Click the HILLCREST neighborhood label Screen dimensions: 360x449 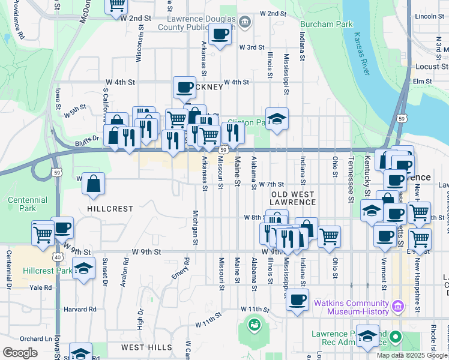click(110, 209)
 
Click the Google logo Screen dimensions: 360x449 click(20, 353)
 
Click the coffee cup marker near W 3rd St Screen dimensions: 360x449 click(220, 35)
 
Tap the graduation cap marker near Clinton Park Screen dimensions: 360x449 click(277, 119)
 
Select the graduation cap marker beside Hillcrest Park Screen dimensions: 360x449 click(83, 268)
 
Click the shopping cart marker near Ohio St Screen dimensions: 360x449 click(329, 236)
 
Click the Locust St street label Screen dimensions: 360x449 click(427, 67)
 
